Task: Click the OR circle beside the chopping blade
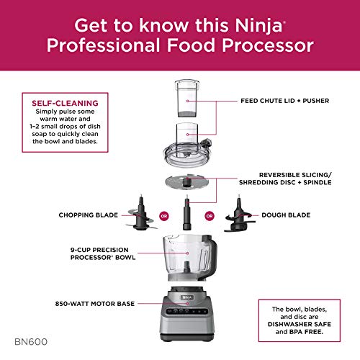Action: (x=163, y=215)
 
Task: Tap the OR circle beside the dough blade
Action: (x=210, y=215)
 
